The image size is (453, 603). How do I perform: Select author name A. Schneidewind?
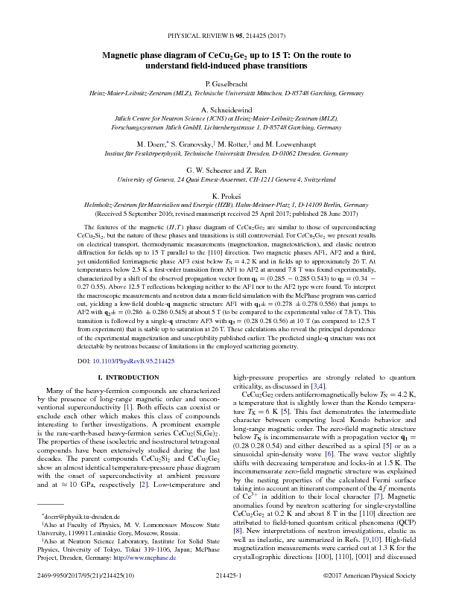click(x=226, y=109)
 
